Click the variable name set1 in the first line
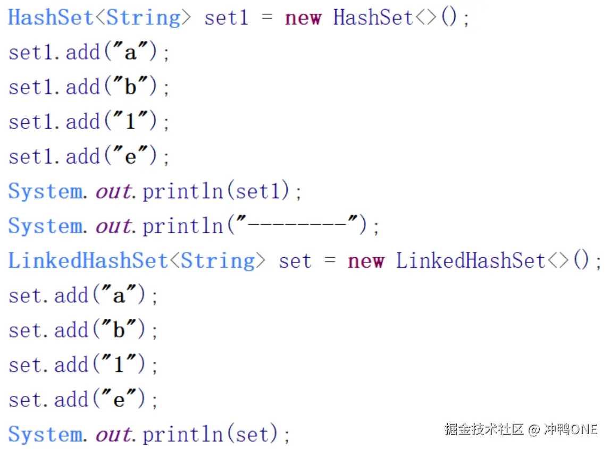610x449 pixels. pyautogui.click(x=227, y=18)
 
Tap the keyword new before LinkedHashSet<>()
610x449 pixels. pyautogui.click(x=366, y=261)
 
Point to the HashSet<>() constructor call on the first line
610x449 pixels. pyautogui.click(x=394, y=18)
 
